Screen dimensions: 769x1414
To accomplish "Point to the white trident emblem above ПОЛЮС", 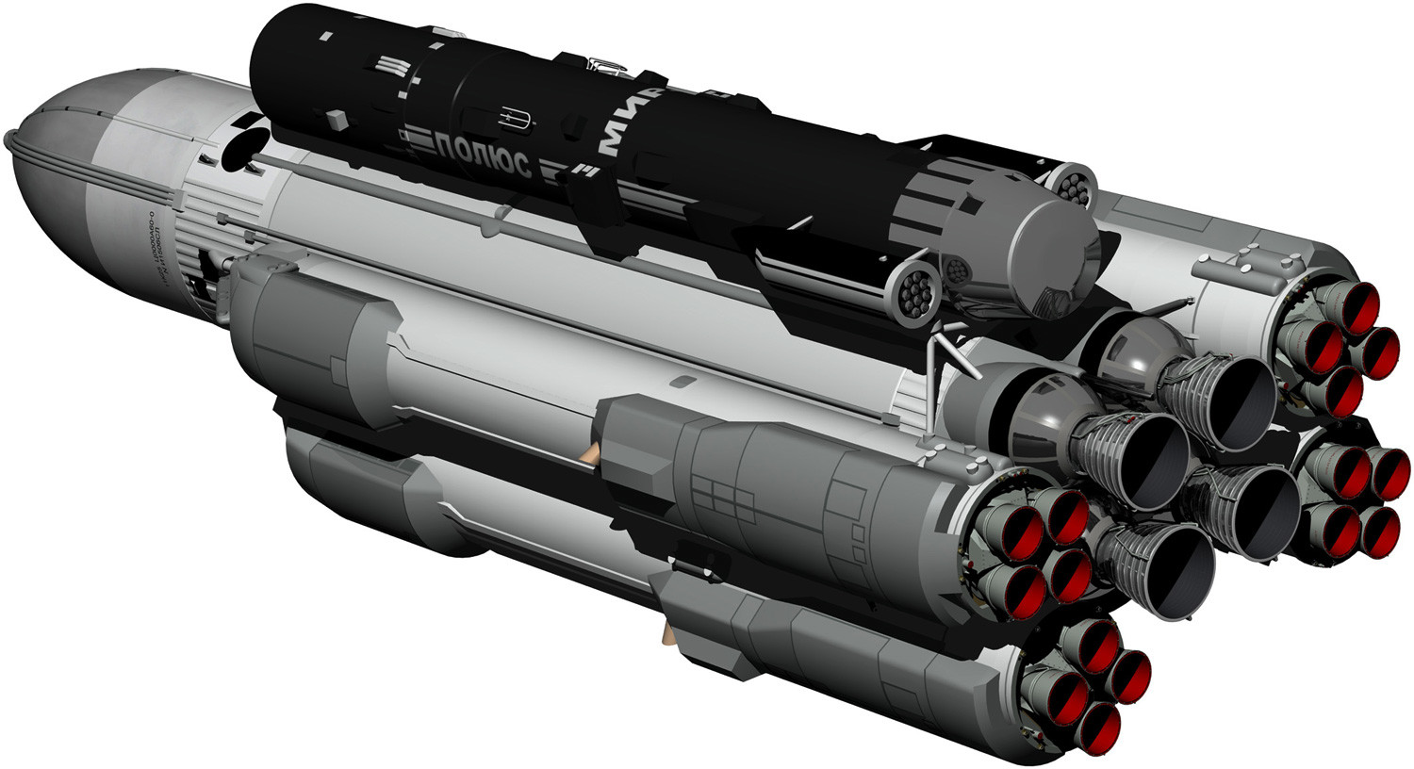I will [513, 119].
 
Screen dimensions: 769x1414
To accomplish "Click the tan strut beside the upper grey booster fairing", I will [592, 453].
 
